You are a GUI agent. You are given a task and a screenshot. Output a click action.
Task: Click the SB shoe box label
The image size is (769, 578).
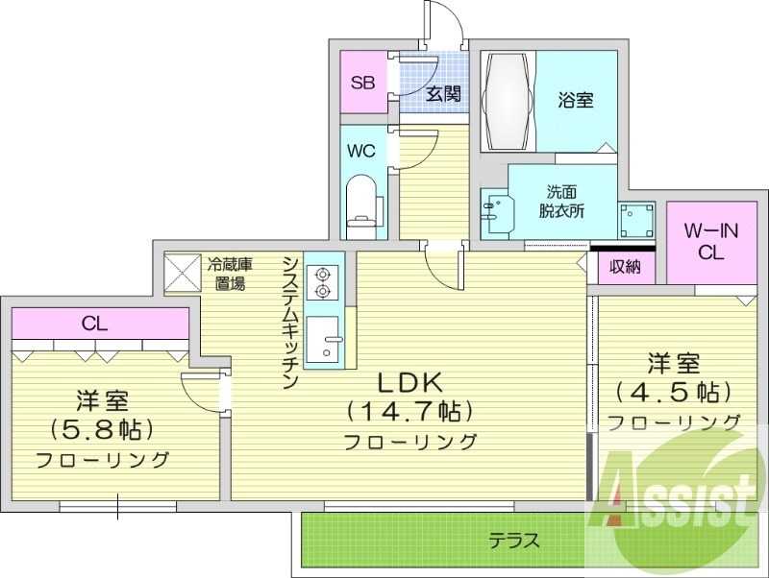tap(362, 83)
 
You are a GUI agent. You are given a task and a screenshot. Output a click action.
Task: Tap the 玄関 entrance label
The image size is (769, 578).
tap(443, 93)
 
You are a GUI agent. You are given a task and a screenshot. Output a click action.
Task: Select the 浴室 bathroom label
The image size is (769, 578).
tap(576, 100)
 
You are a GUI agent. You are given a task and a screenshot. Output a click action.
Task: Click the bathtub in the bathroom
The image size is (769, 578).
tap(508, 100)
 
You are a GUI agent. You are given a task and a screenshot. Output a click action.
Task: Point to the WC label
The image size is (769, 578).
tap(361, 151)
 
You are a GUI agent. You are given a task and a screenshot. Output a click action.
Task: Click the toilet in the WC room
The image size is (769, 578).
tap(362, 206)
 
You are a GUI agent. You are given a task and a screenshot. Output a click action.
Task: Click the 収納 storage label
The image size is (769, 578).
tap(626, 266)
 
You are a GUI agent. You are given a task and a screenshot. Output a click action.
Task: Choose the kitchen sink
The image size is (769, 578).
tap(325, 338)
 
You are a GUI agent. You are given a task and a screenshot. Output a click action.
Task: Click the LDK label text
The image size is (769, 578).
tap(408, 383)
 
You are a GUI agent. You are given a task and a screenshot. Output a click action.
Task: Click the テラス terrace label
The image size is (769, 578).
tap(515, 541)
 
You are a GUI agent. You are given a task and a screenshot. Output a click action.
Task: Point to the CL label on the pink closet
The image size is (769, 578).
tap(93, 323)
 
